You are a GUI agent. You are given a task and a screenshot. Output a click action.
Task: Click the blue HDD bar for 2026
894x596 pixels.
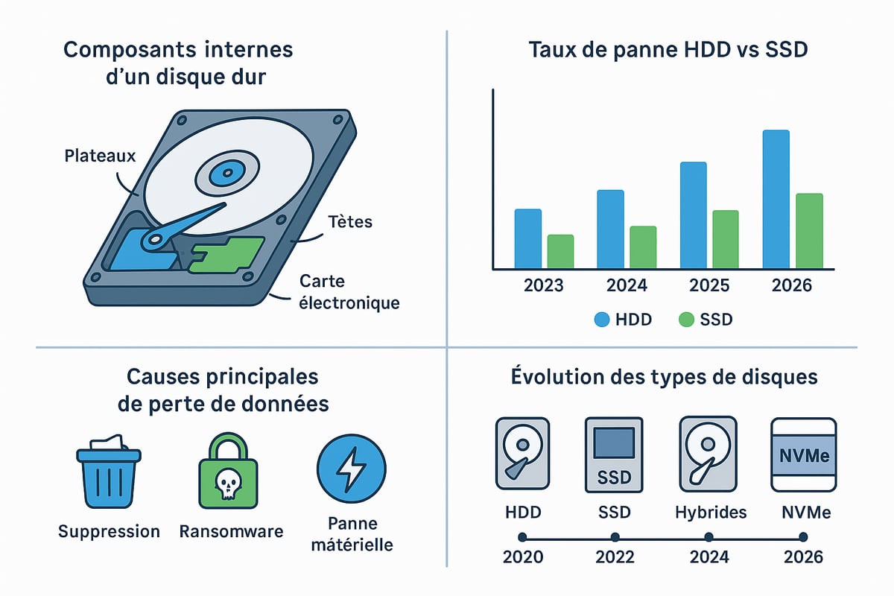776,200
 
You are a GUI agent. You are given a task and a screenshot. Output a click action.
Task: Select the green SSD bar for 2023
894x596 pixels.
560,251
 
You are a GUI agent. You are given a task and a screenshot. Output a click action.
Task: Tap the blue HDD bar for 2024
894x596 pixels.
610,229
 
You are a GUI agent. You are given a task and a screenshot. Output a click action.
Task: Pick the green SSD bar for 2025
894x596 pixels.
726,239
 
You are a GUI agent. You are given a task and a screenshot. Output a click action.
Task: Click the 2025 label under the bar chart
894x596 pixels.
708,286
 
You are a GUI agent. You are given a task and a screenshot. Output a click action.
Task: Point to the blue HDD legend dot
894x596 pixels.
602,320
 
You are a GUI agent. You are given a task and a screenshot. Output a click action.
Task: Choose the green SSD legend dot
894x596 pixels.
687,320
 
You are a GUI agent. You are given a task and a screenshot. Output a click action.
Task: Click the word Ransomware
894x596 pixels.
231,531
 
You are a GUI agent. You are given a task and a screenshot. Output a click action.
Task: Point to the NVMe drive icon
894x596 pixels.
801,454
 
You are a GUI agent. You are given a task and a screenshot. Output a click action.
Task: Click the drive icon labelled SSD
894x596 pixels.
614,454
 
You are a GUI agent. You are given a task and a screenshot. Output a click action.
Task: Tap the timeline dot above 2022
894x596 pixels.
615,536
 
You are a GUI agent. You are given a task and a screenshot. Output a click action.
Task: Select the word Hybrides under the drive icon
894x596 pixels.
711,513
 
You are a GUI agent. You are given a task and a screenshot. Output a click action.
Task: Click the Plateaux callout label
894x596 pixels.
100,156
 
